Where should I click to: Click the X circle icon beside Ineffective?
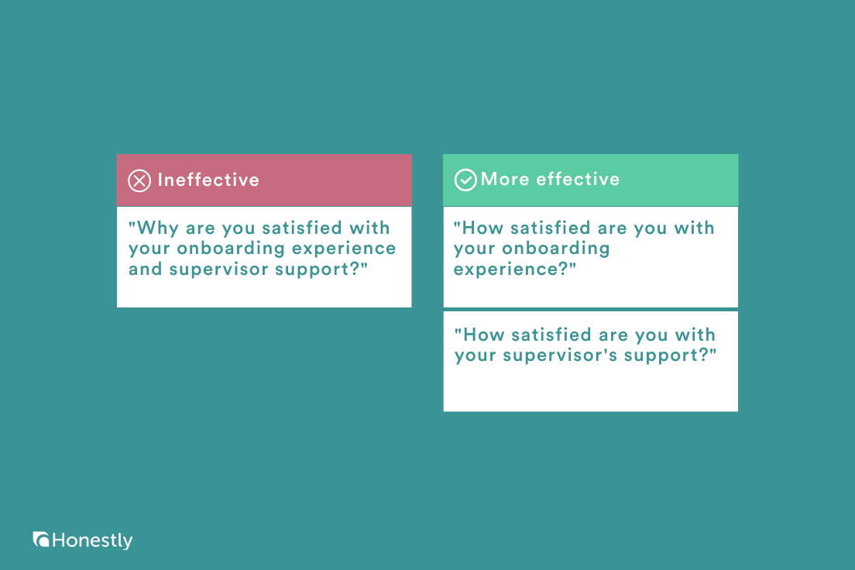(139, 180)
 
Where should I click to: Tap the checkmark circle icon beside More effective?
(465, 180)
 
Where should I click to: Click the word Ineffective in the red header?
(208, 180)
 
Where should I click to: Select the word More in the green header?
(505, 179)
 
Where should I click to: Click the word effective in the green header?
(578, 179)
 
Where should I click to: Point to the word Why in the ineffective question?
(153, 228)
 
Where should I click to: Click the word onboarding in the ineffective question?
(231, 248)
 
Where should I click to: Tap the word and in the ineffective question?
(146, 269)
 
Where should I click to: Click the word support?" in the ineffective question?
(321, 270)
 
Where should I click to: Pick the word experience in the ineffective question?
(344, 249)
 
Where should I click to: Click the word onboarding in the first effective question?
(555, 248)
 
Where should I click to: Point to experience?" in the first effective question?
(515, 270)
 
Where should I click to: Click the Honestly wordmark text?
(92, 541)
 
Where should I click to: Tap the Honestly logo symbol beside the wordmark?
(41, 539)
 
